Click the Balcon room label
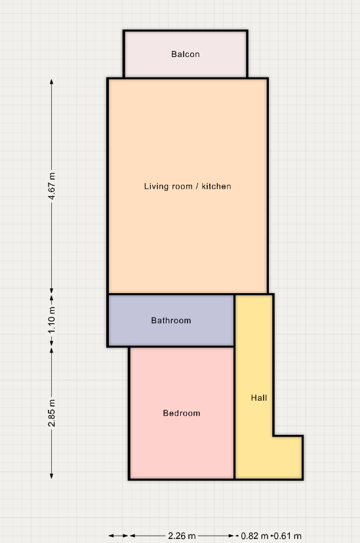[186, 54]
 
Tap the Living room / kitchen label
[188, 186]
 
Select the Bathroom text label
[171, 320]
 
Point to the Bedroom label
[182, 412]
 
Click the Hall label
[259, 397]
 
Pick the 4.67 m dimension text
[52, 186]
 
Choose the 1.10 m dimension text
[52, 320]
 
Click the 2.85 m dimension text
[52, 412]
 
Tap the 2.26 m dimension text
[182, 536]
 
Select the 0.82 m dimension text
[254, 536]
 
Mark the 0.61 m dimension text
[288, 536]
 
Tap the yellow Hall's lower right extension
[287, 457]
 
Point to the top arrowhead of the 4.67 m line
[52, 82]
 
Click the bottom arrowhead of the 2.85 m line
[52, 476]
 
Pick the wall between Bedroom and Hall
[234, 412]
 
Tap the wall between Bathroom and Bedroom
[182, 346]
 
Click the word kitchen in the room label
[216, 186]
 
